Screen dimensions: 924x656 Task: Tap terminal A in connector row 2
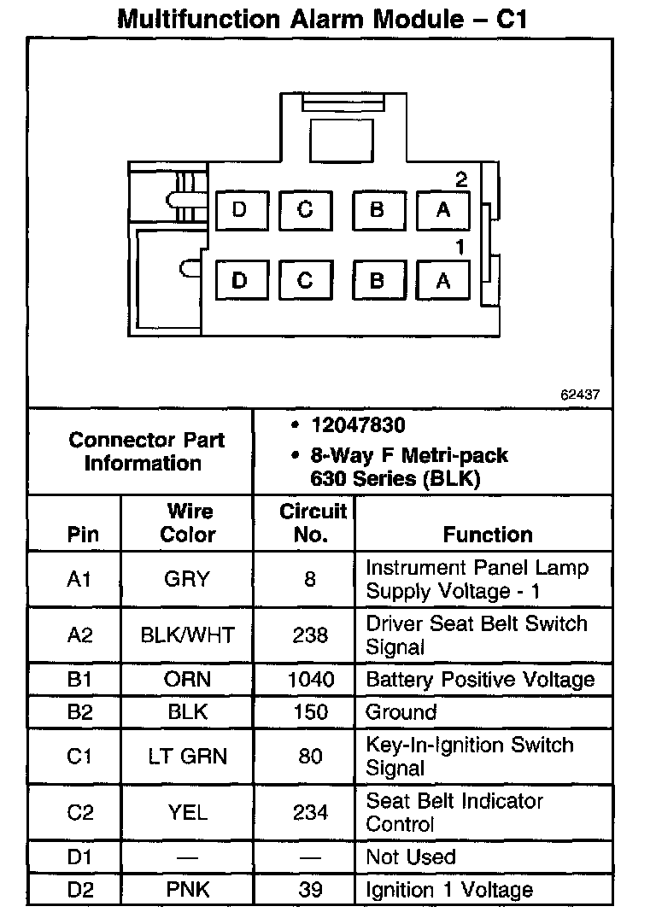[x=442, y=210]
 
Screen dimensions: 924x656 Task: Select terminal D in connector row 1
[x=239, y=280]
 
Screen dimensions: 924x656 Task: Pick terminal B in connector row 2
[x=377, y=210]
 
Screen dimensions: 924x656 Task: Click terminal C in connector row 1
[x=305, y=280]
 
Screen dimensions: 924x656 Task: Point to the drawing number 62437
[x=580, y=395]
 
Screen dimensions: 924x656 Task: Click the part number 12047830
[x=359, y=425]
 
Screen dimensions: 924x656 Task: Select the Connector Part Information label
[x=146, y=452]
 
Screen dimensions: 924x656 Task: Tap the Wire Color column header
[x=189, y=523]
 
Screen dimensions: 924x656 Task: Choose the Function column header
[x=488, y=535]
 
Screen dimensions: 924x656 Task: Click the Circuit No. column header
[x=313, y=523]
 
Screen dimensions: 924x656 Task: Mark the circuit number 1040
[x=311, y=681]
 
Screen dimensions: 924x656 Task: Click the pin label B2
[x=79, y=712]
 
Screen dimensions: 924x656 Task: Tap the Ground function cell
[x=401, y=712]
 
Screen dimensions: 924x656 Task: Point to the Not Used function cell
[x=411, y=857]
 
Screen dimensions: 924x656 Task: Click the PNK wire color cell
[x=188, y=890]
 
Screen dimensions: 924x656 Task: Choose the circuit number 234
[x=311, y=812]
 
